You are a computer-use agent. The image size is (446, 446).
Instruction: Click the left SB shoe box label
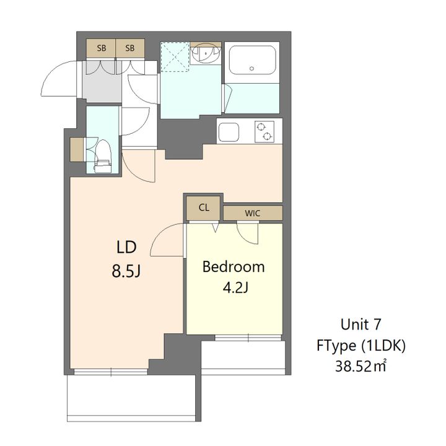click(x=101, y=48)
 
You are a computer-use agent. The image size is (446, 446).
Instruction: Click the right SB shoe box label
click(x=129, y=48)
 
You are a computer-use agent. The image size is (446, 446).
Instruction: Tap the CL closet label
click(x=204, y=208)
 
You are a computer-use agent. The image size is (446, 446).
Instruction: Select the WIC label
click(x=252, y=213)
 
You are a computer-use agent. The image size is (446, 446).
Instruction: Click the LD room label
click(x=126, y=247)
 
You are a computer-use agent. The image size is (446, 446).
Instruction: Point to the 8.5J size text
click(x=126, y=271)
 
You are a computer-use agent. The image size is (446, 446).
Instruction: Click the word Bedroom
click(x=234, y=267)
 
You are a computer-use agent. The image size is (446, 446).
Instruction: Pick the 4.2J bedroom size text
click(x=236, y=288)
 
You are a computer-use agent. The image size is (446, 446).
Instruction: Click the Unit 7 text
click(x=361, y=324)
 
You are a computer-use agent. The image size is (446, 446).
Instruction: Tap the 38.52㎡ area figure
click(x=361, y=366)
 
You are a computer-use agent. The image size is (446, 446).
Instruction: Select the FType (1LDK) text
click(x=361, y=346)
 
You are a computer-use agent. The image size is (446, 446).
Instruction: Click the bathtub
click(x=252, y=60)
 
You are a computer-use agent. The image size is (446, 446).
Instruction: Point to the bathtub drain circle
click(x=251, y=69)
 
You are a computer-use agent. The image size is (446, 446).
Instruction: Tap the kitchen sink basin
click(x=229, y=132)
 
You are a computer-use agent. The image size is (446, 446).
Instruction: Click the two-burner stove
click(x=265, y=131)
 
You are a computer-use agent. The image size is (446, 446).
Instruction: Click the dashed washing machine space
click(x=175, y=56)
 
